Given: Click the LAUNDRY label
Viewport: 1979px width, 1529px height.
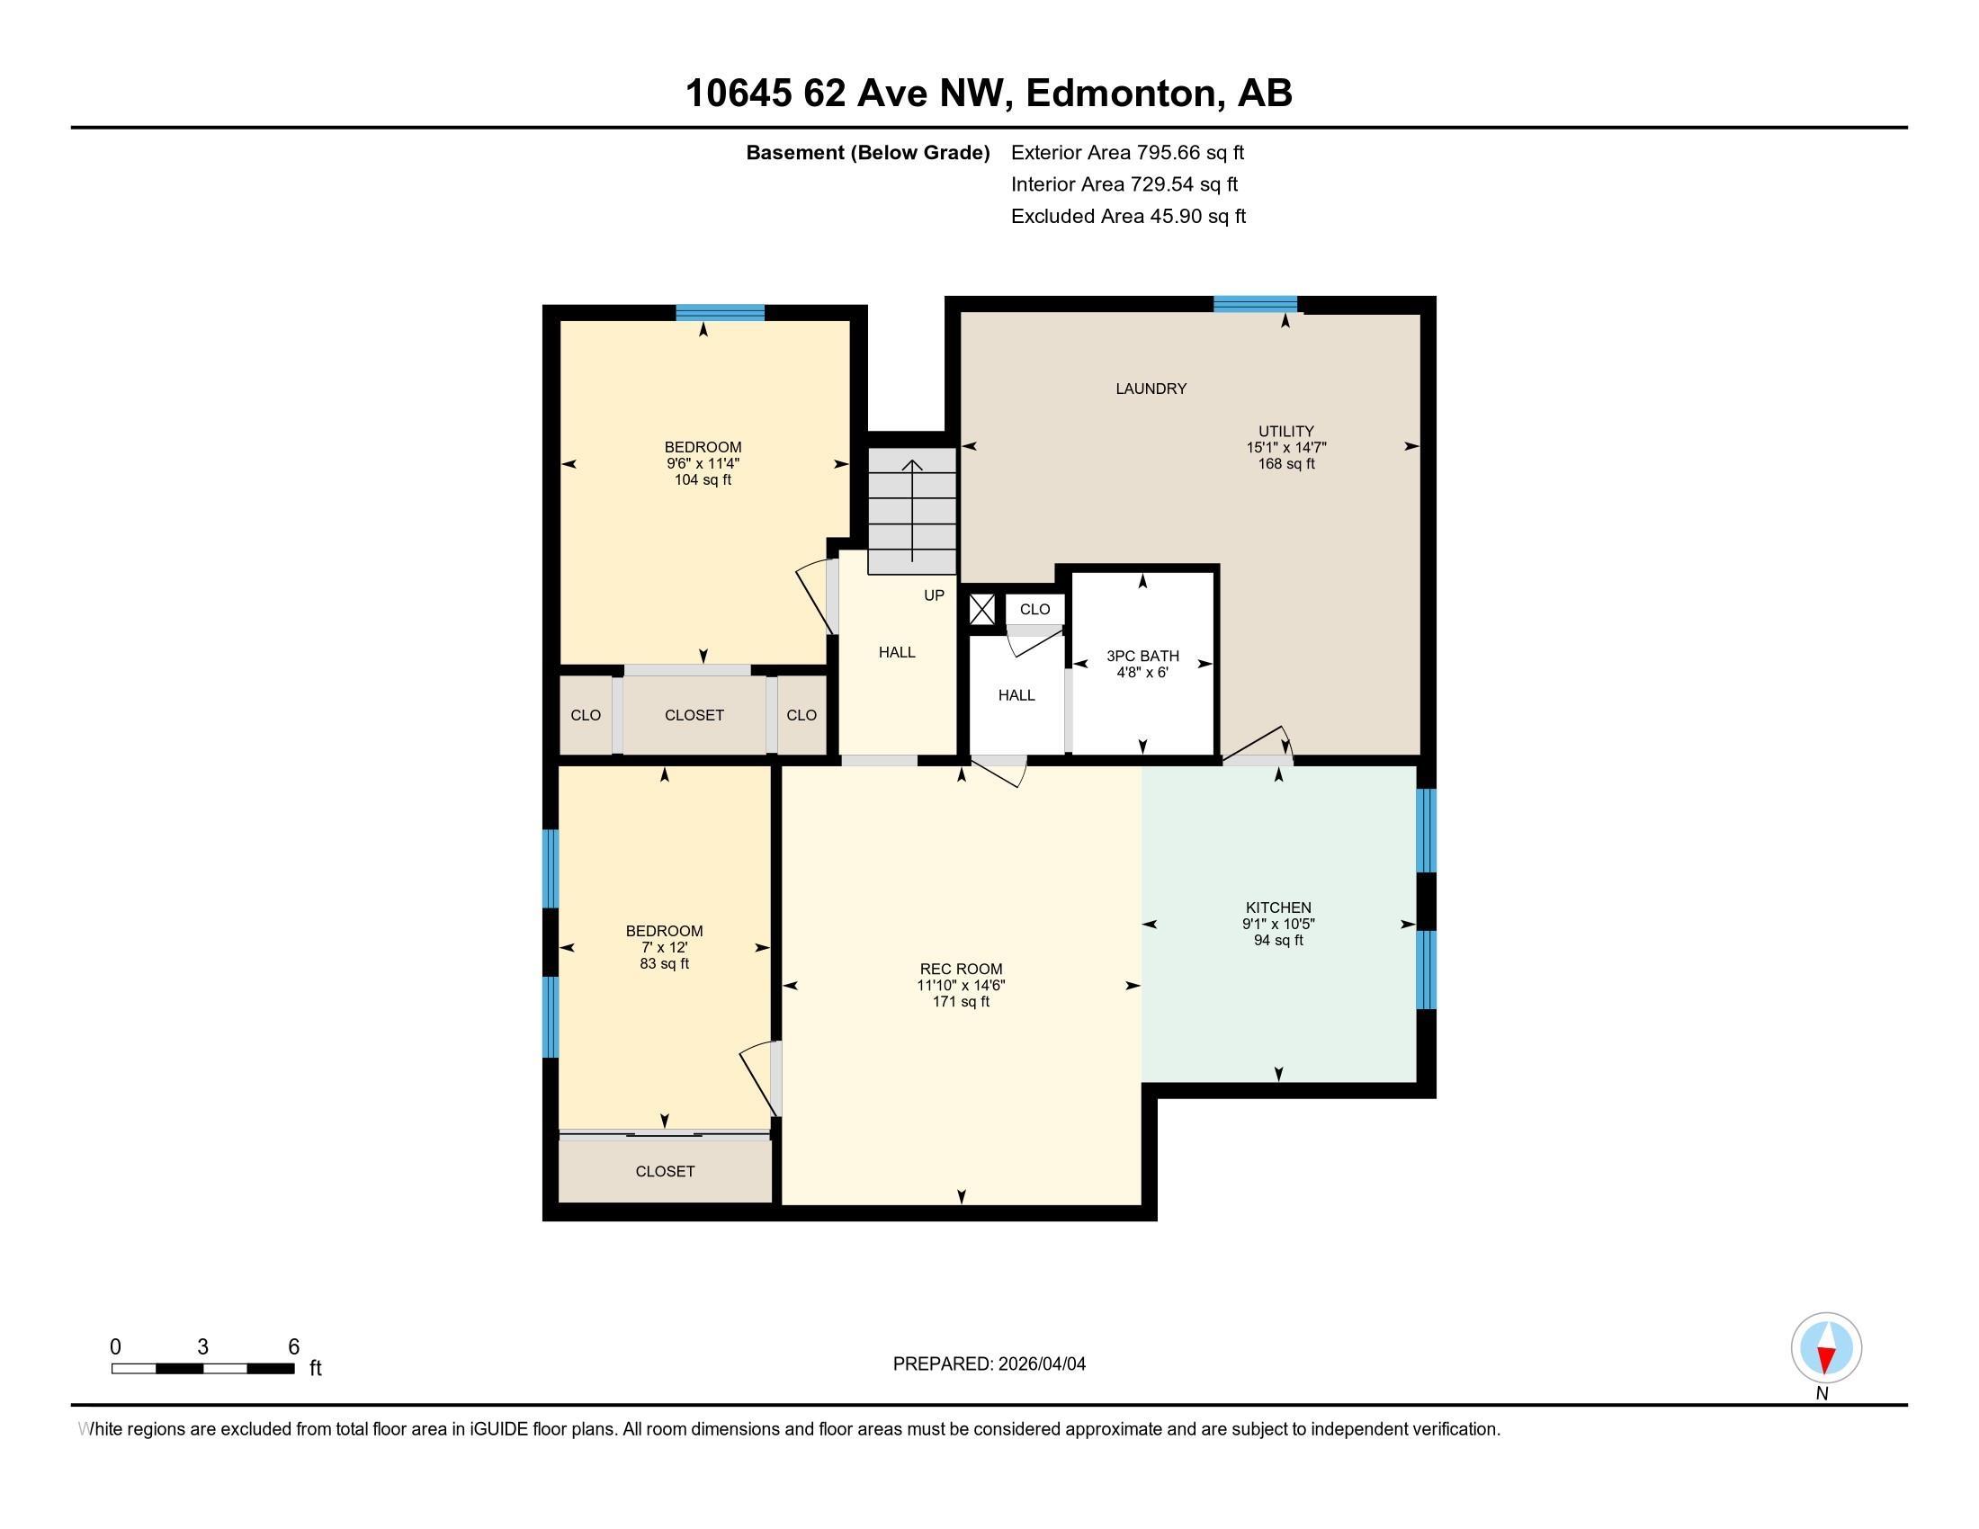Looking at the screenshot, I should coord(1150,389).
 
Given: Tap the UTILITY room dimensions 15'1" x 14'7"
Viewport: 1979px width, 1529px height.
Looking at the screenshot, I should coord(1285,448).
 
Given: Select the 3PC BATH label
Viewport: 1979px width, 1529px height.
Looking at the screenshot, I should coord(1142,656).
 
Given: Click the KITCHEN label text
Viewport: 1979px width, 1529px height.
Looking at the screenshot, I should coord(1277,908).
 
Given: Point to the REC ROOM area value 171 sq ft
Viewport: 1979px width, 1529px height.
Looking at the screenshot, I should coord(961,1002).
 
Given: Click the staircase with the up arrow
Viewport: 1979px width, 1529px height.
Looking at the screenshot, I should coord(911,512).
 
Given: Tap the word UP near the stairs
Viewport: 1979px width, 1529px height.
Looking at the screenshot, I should coord(934,595).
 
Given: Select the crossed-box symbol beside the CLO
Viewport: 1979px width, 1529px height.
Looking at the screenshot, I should coord(981,609).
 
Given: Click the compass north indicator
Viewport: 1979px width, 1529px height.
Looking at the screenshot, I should coord(1826,1349).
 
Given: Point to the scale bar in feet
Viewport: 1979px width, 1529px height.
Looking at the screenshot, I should coord(202,1369).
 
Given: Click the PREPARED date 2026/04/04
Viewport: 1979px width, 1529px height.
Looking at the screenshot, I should coord(989,1364).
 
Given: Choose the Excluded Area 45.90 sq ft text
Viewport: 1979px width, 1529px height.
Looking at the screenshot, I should coord(1128,217).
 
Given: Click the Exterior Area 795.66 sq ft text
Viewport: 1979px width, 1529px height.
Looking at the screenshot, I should coord(1127,153).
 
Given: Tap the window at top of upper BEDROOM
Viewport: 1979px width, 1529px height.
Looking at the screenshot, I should coord(720,313).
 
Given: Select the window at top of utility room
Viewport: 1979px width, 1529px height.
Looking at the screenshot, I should coord(1254,304).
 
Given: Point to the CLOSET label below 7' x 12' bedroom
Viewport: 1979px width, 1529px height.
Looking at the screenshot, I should coord(664,1171).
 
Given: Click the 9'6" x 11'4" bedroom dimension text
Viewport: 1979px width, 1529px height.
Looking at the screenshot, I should coord(703,464).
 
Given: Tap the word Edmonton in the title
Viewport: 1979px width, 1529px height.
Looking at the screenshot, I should coord(1120,94).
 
